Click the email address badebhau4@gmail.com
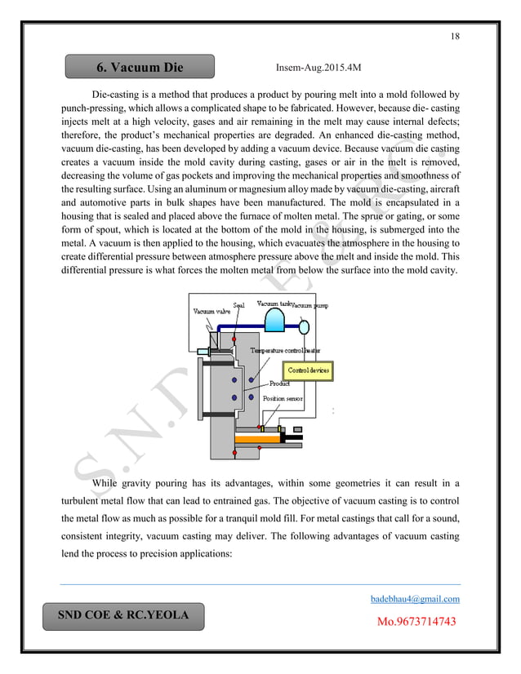tap(416, 599)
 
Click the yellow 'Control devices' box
tap(309, 370)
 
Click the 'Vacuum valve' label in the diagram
tap(211, 311)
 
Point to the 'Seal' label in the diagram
tap(239, 305)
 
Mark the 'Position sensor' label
tap(283, 398)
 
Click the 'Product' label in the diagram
tap(280, 384)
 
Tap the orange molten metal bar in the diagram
tap(257, 440)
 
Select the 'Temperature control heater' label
tap(285, 349)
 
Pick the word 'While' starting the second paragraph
tap(109, 484)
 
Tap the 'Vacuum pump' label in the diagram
tap(311, 305)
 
